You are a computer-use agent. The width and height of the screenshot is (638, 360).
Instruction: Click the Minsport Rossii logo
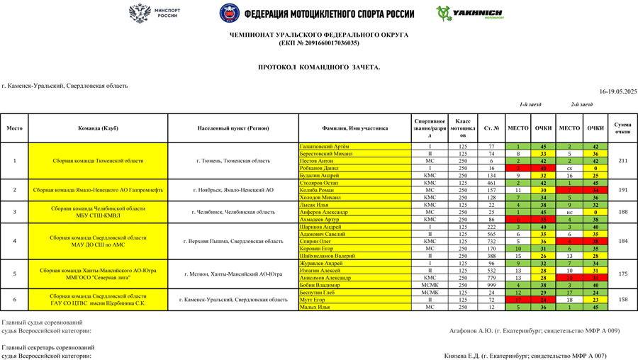pyautogui.click(x=155, y=13)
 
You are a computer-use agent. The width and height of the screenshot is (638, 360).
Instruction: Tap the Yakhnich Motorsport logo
pyautogui.click(x=471, y=13)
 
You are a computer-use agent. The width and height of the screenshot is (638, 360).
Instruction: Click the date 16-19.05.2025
pyautogui.click(x=618, y=91)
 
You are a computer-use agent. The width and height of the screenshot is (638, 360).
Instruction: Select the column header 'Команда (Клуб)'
pyautogui.click(x=98, y=128)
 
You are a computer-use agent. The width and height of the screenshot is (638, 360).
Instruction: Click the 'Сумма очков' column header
pyautogui.click(x=622, y=128)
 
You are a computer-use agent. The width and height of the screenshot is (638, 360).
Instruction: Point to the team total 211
pyautogui.click(x=622, y=161)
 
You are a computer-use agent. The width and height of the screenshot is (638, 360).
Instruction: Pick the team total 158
pyautogui.click(x=622, y=300)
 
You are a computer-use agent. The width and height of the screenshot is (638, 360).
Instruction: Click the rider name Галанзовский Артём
pyautogui.click(x=325, y=147)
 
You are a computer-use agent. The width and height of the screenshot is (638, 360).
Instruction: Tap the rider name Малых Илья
pyautogui.click(x=315, y=307)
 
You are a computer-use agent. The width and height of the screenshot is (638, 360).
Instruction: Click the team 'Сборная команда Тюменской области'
pyautogui.click(x=98, y=161)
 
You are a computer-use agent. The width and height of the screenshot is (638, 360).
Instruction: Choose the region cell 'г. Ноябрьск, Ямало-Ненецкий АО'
pyautogui.click(x=233, y=190)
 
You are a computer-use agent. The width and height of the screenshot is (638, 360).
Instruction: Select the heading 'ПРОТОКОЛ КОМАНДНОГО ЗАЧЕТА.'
pyautogui.click(x=319, y=67)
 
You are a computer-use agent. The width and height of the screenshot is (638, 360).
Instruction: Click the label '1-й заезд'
pyautogui.click(x=530, y=104)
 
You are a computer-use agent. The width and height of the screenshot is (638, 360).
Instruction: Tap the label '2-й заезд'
pyautogui.click(x=581, y=104)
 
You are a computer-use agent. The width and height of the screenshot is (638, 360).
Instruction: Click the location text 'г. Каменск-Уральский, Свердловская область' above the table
pyautogui.click(x=65, y=86)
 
